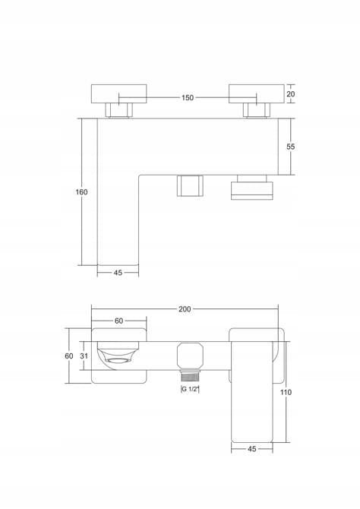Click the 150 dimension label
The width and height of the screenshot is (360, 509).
click(x=188, y=97)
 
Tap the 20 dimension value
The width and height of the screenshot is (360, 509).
click(x=291, y=94)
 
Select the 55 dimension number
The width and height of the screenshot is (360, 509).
click(x=291, y=147)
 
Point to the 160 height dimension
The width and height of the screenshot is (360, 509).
click(x=81, y=192)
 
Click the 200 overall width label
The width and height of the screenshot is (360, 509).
click(x=185, y=309)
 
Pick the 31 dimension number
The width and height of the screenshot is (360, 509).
click(x=84, y=356)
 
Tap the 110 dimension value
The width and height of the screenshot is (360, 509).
click(x=286, y=392)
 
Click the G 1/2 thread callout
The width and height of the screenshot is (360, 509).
click(x=190, y=389)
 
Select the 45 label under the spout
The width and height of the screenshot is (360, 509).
click(x=118, y=273)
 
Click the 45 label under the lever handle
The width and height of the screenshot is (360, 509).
click(x=252, y=449)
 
